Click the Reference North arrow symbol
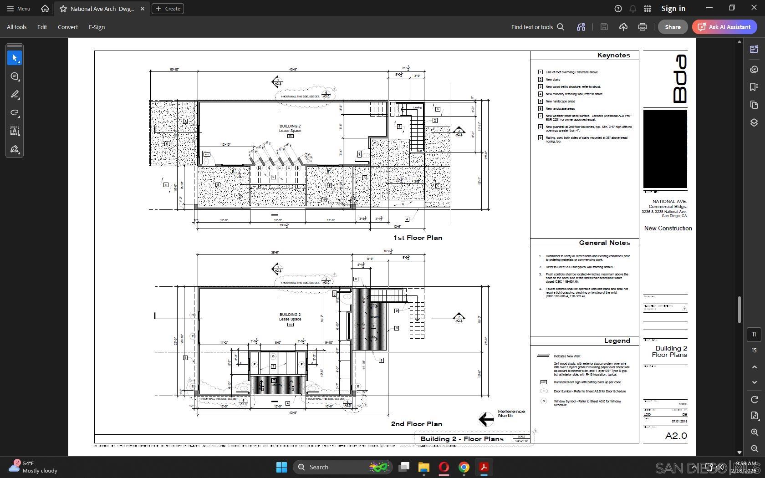point(486,419)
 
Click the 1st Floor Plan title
point(418,238)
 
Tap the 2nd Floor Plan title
point(416,424)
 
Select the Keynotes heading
point(613,56)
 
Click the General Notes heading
point(604,243)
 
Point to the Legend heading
point(617,341)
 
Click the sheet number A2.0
point(676,436)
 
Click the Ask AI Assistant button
point(724,27)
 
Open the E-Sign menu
point(97,27)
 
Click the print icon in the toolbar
point(642,27)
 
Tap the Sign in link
point(673,8)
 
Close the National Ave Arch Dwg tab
point(143,9)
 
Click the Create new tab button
point(168,9)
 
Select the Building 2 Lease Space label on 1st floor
point(290,128)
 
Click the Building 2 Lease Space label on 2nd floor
point(290,317)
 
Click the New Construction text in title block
point(668,229)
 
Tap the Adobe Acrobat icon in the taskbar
point(484,467)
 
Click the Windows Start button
point(281,467)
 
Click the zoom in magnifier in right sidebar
point(754,432)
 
